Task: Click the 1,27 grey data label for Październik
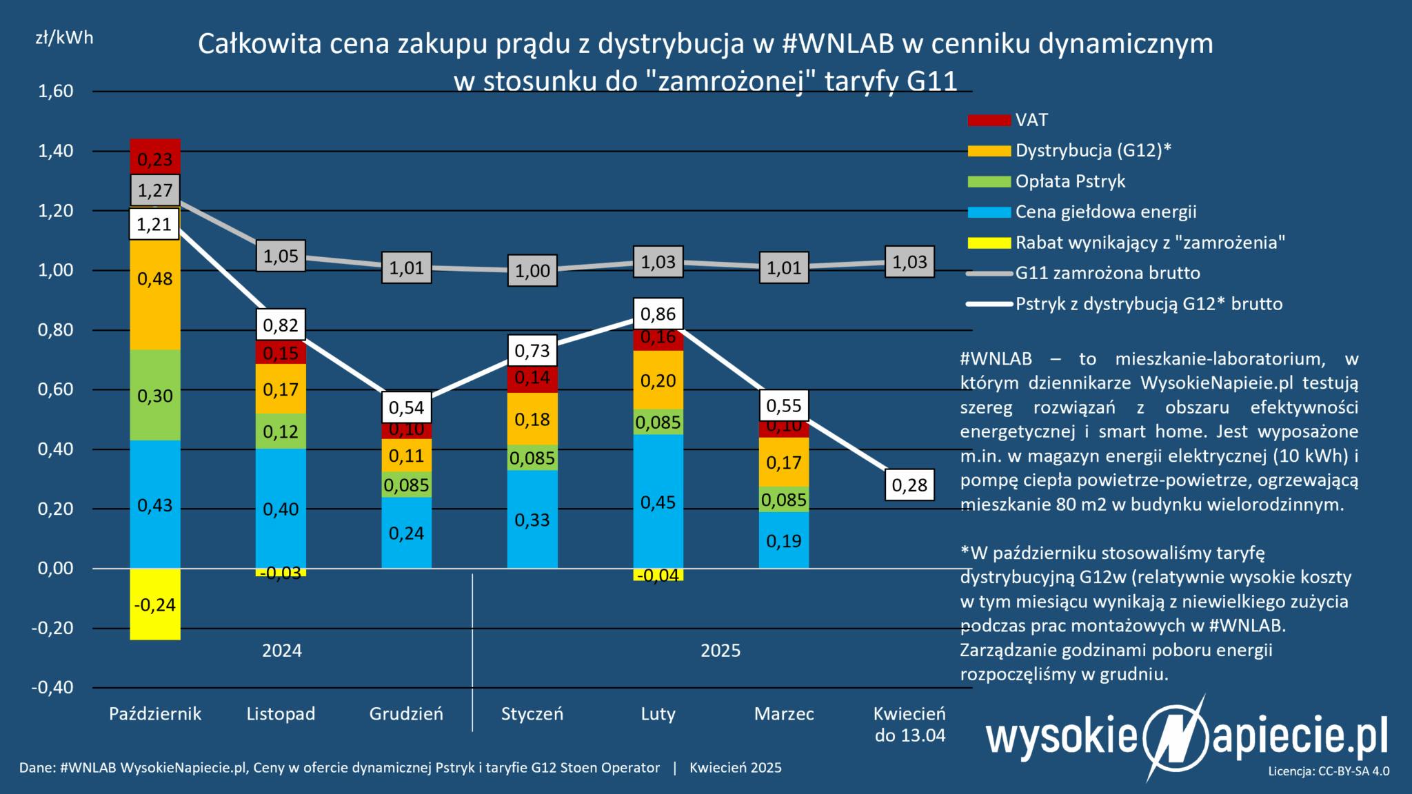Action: pos(155,190)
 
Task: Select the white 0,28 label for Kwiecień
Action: pos(909,485)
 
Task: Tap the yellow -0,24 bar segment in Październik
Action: pos(155,604)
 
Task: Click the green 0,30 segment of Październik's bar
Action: pos(155,395)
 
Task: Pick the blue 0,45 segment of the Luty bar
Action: pos(658,502)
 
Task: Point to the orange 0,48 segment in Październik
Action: pos(155,279)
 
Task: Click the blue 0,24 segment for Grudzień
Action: pos(407,533)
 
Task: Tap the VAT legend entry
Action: pos(1031,120)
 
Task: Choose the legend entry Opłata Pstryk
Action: pos(1070,181)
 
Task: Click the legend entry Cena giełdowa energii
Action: pos(1106,212)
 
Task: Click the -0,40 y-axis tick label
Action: pos(52,688)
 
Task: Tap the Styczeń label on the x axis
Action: pos(532,713)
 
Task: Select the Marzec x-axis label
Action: pos(784,713)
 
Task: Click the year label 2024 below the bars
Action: pos(282,651)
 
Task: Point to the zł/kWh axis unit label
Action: pos(64,38)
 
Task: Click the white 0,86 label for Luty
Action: pos(658,315)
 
